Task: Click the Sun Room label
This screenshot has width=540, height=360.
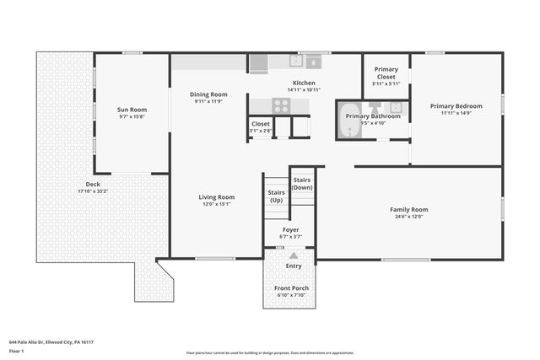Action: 132,110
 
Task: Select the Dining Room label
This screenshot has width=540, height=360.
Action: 208,94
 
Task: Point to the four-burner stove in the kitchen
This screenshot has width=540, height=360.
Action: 281,105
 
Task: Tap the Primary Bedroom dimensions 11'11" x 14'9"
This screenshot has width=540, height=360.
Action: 456,114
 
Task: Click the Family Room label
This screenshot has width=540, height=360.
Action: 408,209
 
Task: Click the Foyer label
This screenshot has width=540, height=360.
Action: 290,229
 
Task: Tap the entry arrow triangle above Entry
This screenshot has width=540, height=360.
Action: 294,255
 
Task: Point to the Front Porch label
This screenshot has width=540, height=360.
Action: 292,288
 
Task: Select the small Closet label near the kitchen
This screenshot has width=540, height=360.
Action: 261,124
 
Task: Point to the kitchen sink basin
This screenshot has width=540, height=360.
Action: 313,61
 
